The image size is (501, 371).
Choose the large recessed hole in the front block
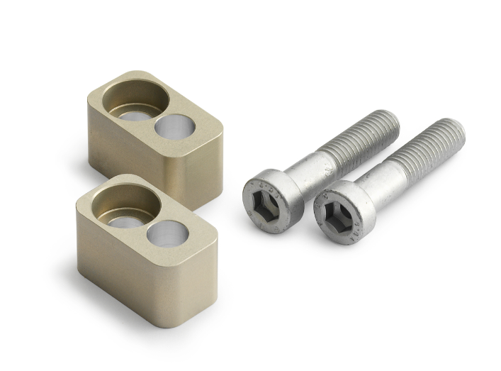[123, 205]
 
